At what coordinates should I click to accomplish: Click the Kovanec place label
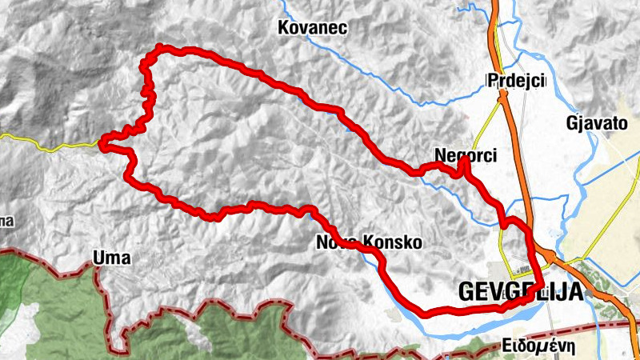pos(311,29)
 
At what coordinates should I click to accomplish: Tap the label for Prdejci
pos(515,81)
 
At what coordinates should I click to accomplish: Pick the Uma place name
pos(111,258)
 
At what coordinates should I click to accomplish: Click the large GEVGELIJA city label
pos(521,293)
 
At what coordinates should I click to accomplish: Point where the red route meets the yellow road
pos(102,144)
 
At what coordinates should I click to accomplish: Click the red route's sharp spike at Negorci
pos(464,160)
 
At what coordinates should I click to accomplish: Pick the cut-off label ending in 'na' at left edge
pos(6,221)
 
